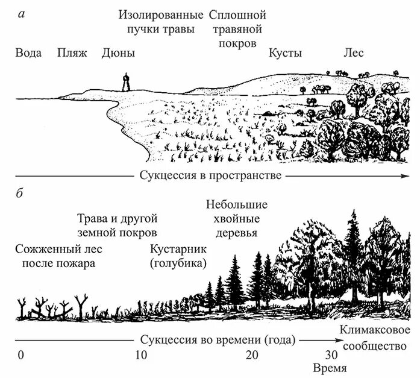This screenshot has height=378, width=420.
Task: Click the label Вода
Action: (x=29, y=53)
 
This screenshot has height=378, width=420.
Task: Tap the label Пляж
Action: (x=72, y=53)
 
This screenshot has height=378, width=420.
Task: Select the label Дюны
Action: (x=119, y=53)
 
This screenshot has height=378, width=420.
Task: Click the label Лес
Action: (x=354, y=53)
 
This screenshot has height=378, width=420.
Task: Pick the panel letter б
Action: (x=22, y=194)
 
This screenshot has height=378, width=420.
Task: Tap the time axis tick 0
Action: (x=20, y=354)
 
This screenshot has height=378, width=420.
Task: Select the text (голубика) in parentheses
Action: (x=178, y=263)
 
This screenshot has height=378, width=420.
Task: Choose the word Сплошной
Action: (x=237, y=14)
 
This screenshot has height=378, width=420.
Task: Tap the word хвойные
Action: (x=236, y=219)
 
